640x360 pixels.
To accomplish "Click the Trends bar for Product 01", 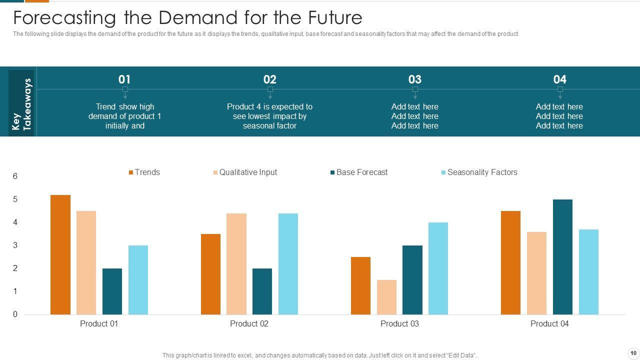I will click(60, 254).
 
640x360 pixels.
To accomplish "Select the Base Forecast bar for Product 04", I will click(562, 257).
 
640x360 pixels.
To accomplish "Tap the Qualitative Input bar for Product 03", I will click(386, 297).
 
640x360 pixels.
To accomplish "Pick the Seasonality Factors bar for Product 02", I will click(288, 264).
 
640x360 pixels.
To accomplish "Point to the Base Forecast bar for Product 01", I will click(112, 291).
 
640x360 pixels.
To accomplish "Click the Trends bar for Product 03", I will click(360, 285).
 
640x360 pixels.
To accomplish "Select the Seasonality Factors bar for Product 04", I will click(588, 272).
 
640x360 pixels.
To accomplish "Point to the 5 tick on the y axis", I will click(15, 199).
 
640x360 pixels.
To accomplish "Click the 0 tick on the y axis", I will click(15, 314).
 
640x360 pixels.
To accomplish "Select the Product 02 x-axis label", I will click(249, 324).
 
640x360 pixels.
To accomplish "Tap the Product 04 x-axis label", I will click(549, 324).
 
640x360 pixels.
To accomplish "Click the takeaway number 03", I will click(414, 79).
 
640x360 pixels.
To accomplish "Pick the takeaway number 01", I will click(124, 79).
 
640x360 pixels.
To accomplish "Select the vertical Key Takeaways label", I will click(21, 104).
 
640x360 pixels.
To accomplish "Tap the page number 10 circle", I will click(633, 353).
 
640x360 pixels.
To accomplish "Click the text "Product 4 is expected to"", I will click(269, 106).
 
